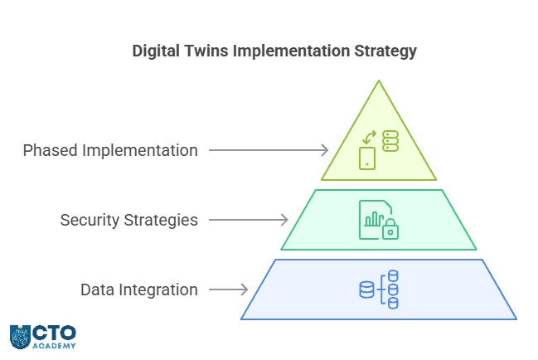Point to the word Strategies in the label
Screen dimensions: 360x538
click(160, 221)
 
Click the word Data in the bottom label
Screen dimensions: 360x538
click(95, 290)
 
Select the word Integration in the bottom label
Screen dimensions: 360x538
click(157, 290)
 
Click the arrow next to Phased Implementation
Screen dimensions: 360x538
click(269, 150)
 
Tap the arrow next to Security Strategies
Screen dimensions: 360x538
click(249, 220)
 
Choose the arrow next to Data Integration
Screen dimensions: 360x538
click(228, 289)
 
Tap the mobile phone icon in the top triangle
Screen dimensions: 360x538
click(366, 158)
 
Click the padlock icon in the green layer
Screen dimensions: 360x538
click(390, 231)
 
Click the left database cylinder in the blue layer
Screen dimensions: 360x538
click(366, 289)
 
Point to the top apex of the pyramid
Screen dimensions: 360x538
click(379, 81)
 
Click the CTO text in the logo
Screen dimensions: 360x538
click(55, 332)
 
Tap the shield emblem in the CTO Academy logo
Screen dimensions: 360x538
click(21, 336)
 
